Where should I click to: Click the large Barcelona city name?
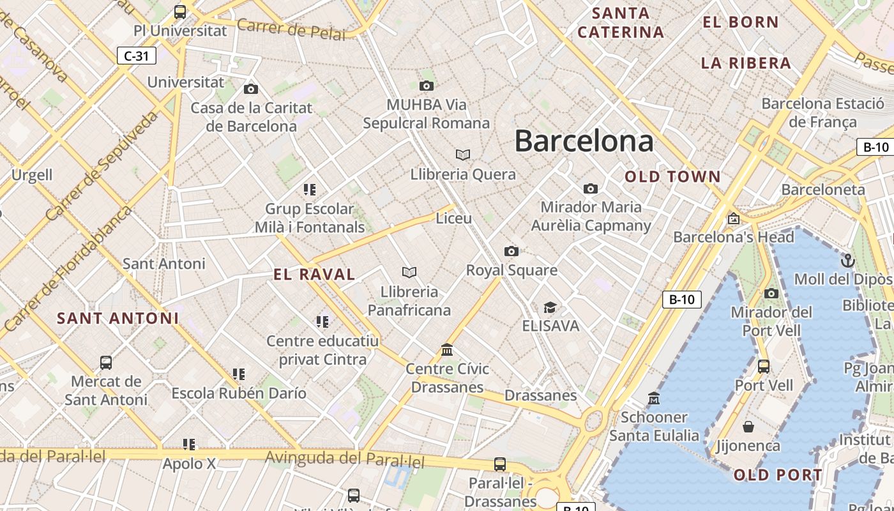[x=584, y=141]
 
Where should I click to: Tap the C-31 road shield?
[x=137, y=56]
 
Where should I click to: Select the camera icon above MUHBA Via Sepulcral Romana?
[x=427, y=86]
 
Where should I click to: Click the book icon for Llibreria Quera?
[x=463, y=155]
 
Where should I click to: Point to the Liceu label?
[x=453, y=218]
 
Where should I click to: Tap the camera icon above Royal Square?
[x=511, y=251]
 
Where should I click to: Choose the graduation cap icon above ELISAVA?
[x=550, y=307]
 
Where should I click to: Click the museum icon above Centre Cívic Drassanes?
[x=447, y=350]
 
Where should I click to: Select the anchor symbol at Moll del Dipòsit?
[x=848, y=260]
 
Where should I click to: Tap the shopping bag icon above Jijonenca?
[x=748, y=426]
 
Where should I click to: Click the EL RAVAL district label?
[x=314, y=275]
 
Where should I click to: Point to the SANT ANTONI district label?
[x=118, y=318]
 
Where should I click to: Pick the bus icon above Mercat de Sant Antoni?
[x=106, y=363]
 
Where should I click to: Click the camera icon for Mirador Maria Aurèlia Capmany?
[x=591, y=188]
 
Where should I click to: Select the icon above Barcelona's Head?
[x=734, y=218]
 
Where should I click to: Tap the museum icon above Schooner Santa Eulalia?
[x=653, y=399]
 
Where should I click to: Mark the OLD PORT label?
[x=778, y=475]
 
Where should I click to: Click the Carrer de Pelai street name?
[x=291, y=30]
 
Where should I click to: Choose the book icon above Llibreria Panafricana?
[x=409, y=273]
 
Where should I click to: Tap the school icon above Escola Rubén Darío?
[x=239, y=374]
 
